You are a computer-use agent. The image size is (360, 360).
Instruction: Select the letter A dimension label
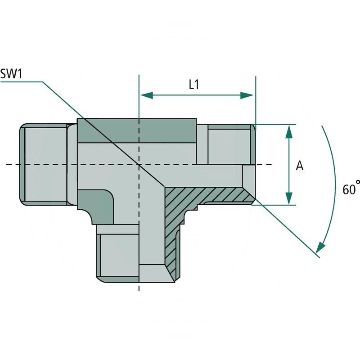pos(300,166)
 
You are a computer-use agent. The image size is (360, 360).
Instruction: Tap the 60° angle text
pos(351,189)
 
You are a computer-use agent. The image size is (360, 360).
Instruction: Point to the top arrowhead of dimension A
pos(289,131)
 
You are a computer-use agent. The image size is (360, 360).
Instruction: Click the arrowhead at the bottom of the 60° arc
pos(320,248)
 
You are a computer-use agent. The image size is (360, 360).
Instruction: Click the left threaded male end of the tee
pos(43,165)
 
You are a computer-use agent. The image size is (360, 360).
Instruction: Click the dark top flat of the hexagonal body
pos(137,130)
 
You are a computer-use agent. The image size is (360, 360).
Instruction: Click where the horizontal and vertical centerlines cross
pos(139,165)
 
